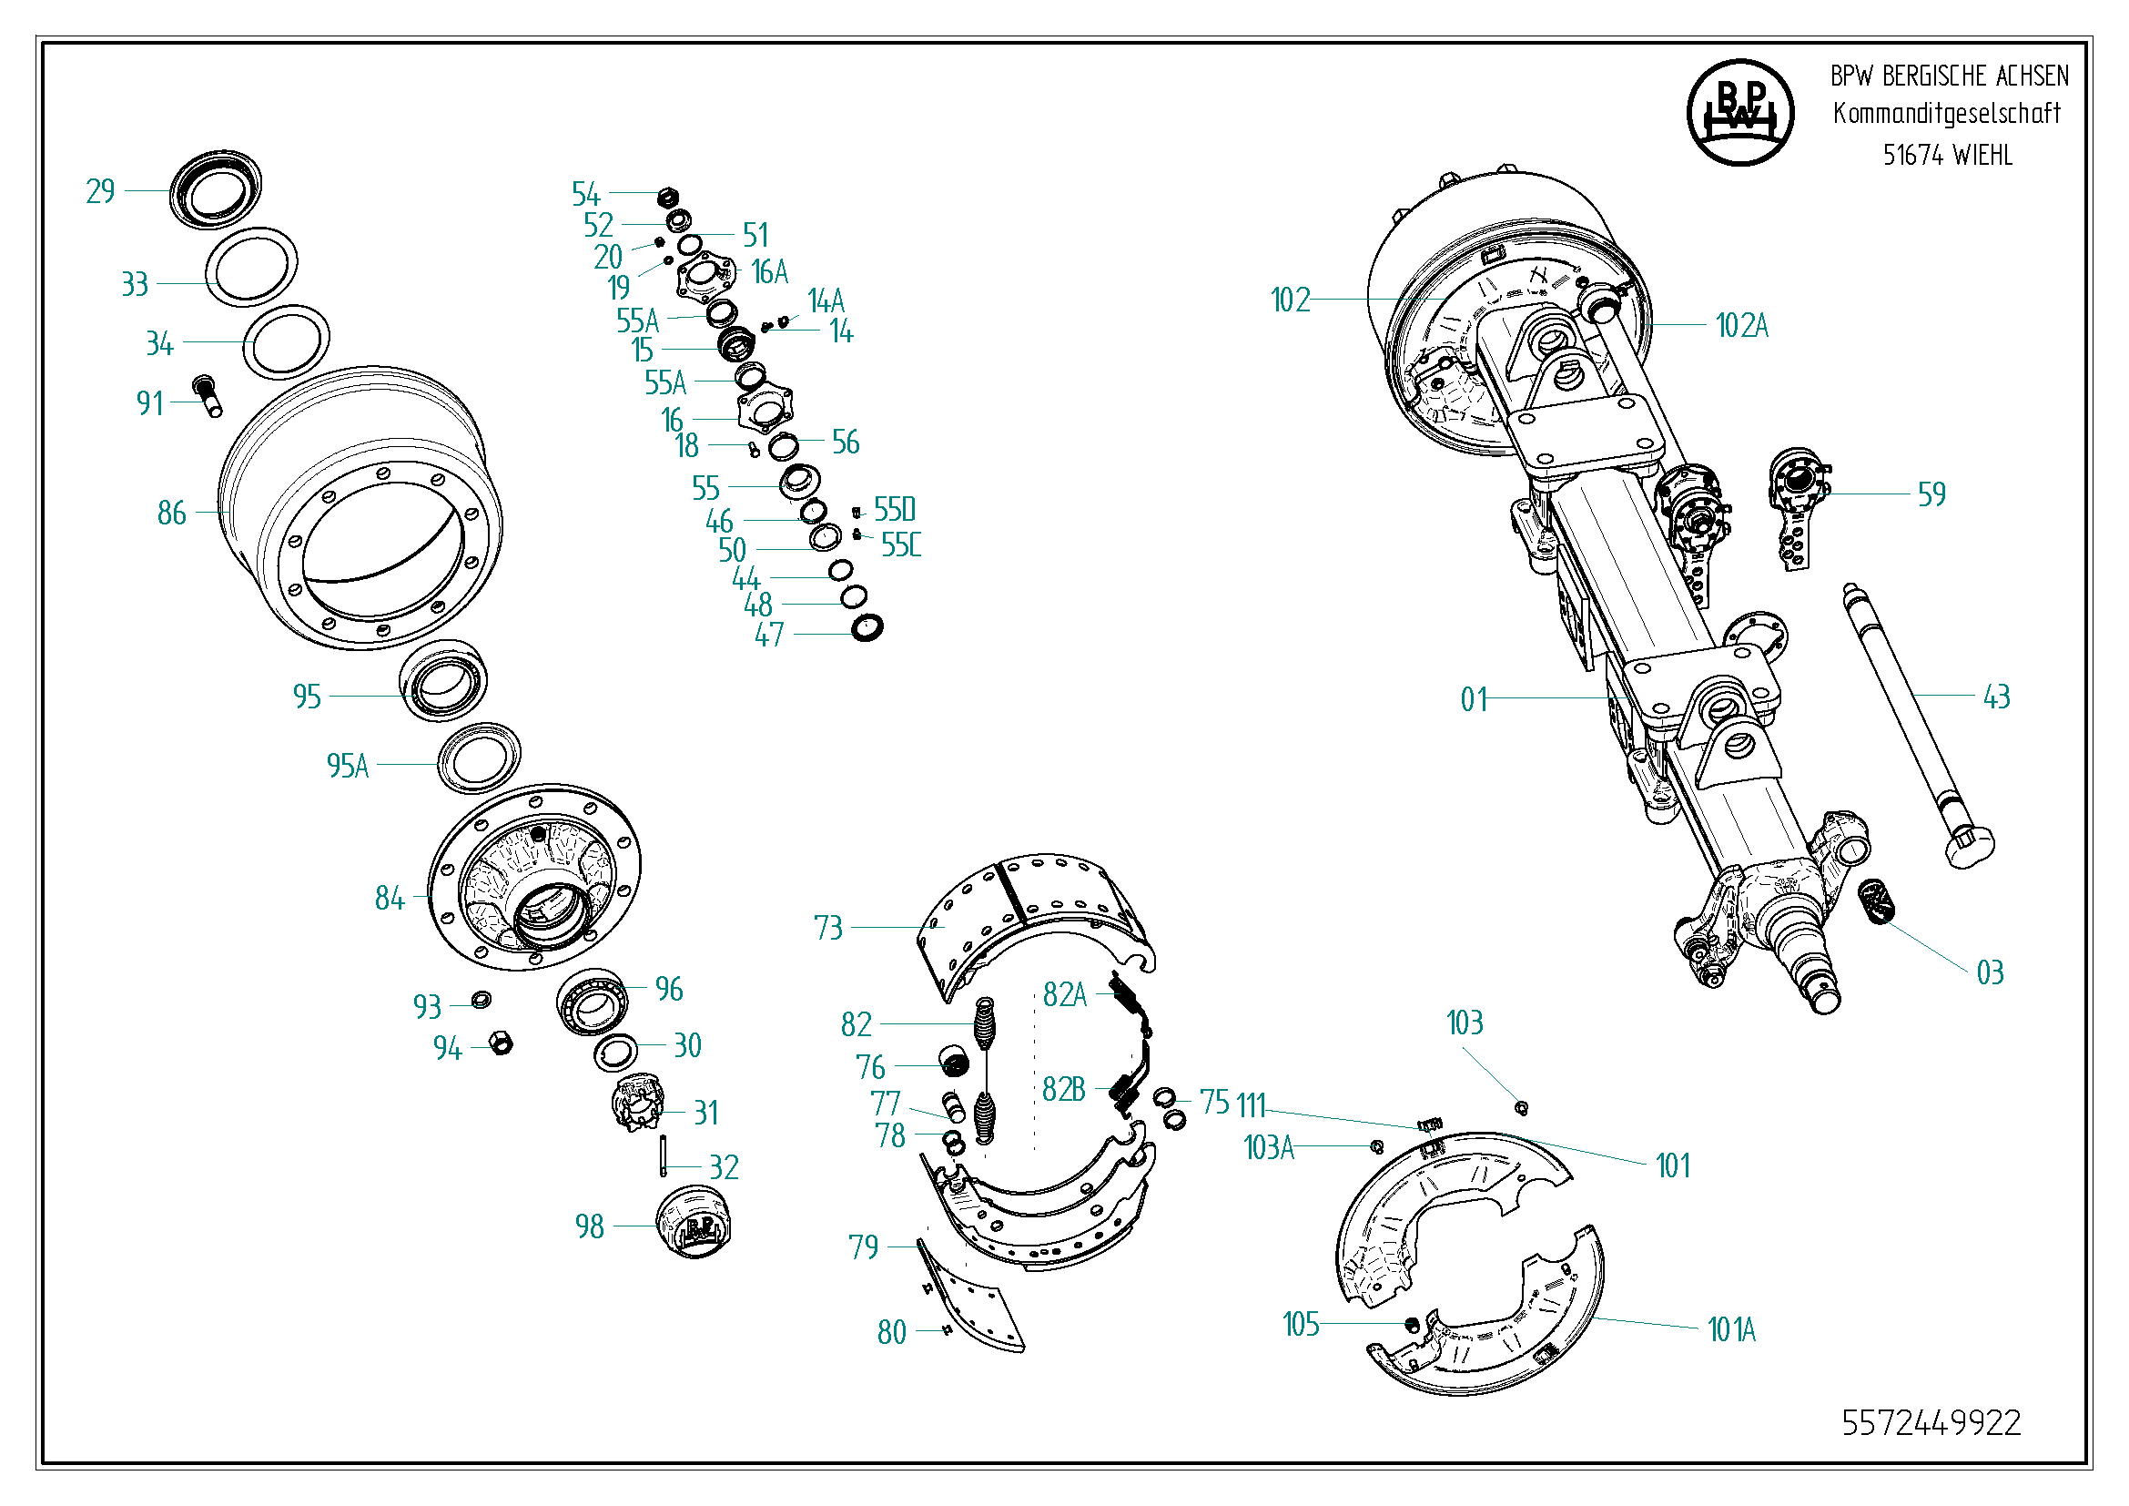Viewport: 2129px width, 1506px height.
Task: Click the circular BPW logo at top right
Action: (1739, 113)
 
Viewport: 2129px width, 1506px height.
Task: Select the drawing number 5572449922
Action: (1931, 1422)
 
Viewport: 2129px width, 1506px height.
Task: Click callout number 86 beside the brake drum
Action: (171, 513)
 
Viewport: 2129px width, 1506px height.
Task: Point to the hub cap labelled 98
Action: (694, 1221)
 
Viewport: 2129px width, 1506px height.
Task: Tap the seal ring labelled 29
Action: (215, 188)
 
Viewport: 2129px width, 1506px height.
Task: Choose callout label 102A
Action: (1741, 325)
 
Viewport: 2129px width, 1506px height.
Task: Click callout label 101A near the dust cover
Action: (1731, 1329)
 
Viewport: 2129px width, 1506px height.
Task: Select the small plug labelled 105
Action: (1413, 1323)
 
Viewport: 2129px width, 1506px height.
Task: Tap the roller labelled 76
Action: (954, 1062)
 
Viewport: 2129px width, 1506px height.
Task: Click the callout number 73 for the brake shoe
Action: (828, 928)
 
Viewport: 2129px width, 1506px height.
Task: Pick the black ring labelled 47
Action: (867, 628)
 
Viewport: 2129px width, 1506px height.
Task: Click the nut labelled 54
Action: (667, 196)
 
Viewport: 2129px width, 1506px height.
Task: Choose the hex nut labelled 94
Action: (501, 1043)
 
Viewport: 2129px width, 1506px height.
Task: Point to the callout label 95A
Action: (348, 766)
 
